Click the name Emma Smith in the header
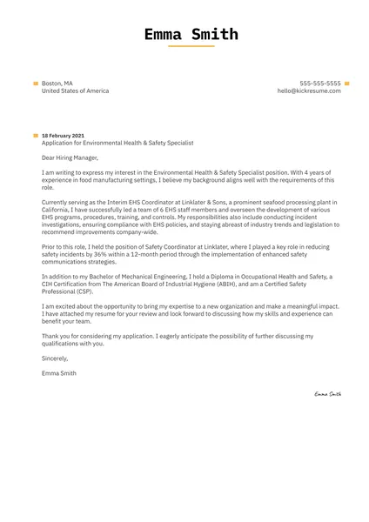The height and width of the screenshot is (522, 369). tap(191, 35)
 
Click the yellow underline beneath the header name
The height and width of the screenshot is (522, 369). tap(191, 46)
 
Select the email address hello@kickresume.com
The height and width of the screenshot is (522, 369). tap(309, 90)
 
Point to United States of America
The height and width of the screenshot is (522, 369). tap(75, 90)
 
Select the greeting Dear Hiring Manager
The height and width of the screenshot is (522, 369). tap(70, 158)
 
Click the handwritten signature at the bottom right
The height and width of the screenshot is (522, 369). tap(328, 394)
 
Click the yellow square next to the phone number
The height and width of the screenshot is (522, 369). tap(346, 83)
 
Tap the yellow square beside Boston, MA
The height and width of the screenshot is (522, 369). tap(36, 83)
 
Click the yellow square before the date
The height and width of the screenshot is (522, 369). tap(36, 136)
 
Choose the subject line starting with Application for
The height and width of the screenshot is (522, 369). tap(117, 143)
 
